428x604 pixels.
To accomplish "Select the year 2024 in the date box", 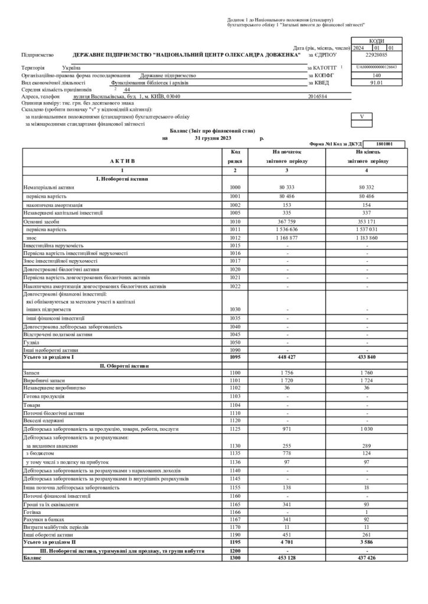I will point(359,48).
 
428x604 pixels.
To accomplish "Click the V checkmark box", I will point(361,116).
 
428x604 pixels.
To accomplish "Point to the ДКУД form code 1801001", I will point(383,143).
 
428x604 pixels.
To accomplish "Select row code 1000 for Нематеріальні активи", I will point(234,187).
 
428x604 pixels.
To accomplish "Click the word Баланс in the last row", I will point(32,557).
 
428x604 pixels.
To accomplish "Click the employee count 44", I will point(127,90).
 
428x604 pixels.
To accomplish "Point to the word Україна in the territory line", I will point(71,69).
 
